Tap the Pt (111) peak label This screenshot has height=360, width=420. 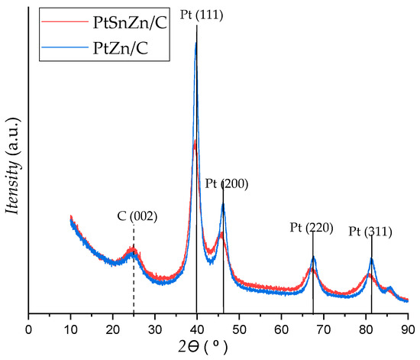[197, 13]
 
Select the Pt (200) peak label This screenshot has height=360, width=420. [226, 184]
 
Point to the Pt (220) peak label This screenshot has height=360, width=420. [312, 228]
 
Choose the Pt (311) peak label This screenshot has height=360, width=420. [371, 231]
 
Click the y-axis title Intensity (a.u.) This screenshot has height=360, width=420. [12, 162]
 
